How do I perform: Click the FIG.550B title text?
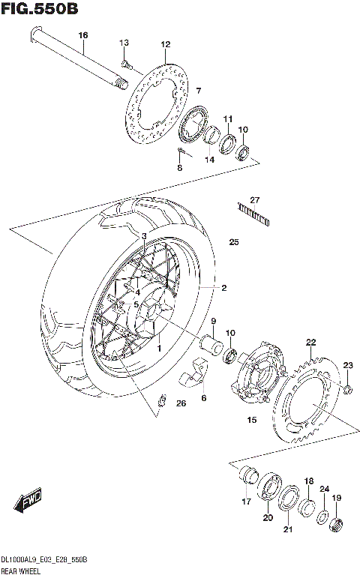point(40,9)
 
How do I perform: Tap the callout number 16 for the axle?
point(83,35)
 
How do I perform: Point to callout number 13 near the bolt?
point(124,42)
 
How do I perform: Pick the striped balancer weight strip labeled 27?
point(253,212)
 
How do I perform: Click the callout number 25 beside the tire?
point(233,242)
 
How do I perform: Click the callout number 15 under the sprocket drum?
point(251,420)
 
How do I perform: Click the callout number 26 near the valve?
point(180,404)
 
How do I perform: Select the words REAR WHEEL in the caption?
point(22,571)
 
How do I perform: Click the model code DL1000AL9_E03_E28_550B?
point(45,560)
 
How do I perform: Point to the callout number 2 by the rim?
point(223,287)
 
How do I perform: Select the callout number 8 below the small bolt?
point(179,168)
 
